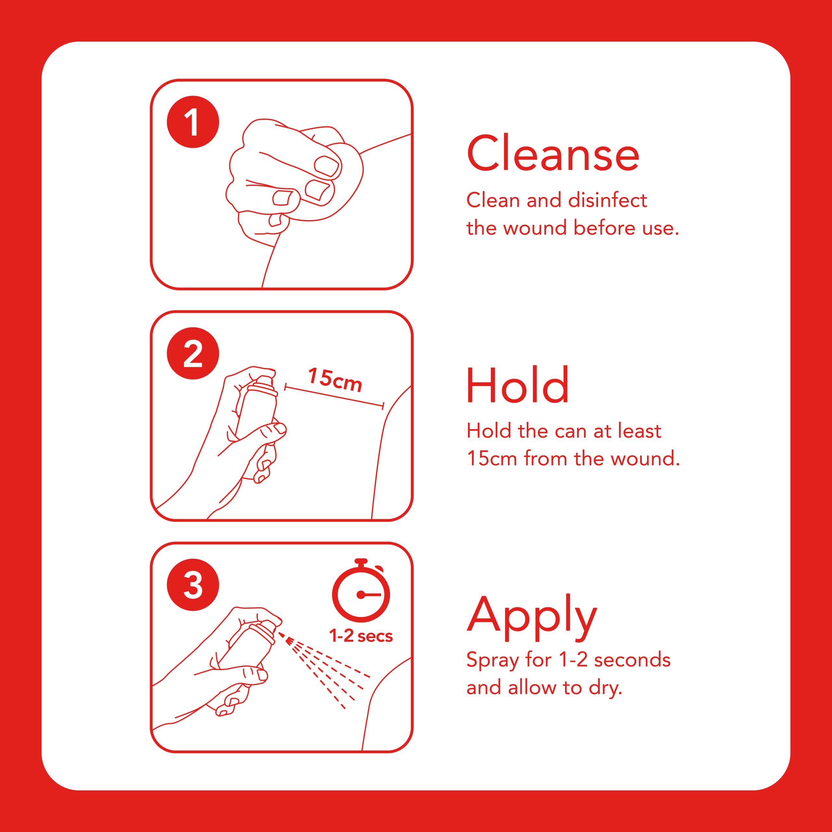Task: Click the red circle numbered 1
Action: [x=193, y=122]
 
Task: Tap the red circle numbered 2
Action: [x=193, y=353]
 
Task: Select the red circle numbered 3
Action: [x=193, y=585]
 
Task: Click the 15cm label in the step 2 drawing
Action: [x=335, y=380]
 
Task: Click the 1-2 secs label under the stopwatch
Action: [x=361, y=636]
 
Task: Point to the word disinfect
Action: [x=608, y=200]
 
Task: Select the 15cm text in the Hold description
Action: [x=492, y=458]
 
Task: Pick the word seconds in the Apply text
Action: [x=632, y=660]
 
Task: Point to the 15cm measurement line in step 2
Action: [x=334, y=396]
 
